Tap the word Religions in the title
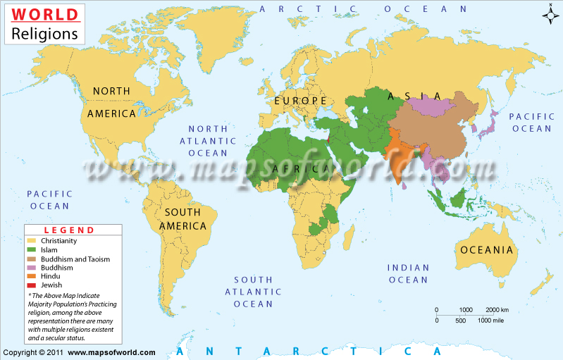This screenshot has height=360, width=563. point(44,32)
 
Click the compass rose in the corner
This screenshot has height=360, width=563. point(550,13)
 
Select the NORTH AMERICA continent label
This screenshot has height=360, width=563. point(111,102)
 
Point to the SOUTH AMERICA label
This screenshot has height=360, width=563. point(182,219)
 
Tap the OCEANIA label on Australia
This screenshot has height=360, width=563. point(486,249)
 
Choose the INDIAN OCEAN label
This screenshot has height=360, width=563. point(408,273)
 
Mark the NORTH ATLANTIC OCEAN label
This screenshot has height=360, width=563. point(208,140)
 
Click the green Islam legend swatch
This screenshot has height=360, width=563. point(32,250)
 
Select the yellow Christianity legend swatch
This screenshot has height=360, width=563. point(32,241)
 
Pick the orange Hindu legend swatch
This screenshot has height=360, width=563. point(32,276)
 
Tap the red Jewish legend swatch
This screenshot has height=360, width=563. point(32,285)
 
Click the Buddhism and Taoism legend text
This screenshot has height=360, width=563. point(77,259)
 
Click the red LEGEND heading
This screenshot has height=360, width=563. point(69,230)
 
